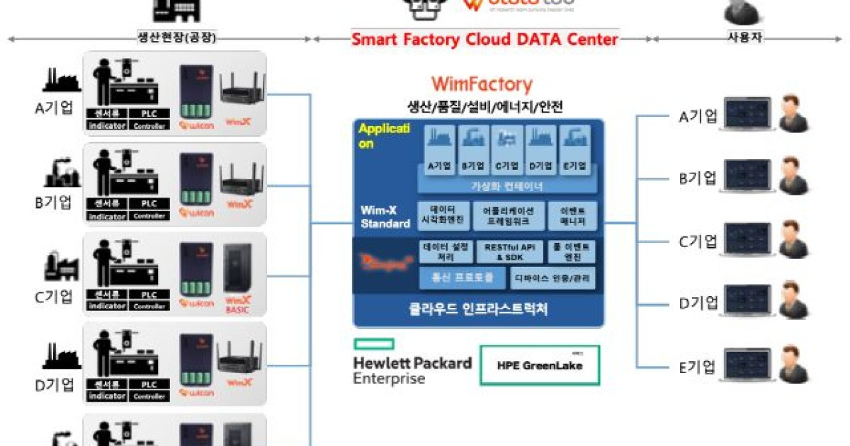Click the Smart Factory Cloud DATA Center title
[x=484, y=39]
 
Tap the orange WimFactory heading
[x=481, y=85]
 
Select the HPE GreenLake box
[x=539, y=365]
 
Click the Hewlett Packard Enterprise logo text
[x=412, y=370]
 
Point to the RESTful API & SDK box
[x=510, y=251]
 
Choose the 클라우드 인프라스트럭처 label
[x=479, y=309]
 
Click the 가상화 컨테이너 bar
[x=506, y=186]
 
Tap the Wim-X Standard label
[x=385, y=217]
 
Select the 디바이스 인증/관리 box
[x=552, y=278]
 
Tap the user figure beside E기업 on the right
[x=793, y=364]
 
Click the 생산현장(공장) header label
[x=176, y=38]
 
